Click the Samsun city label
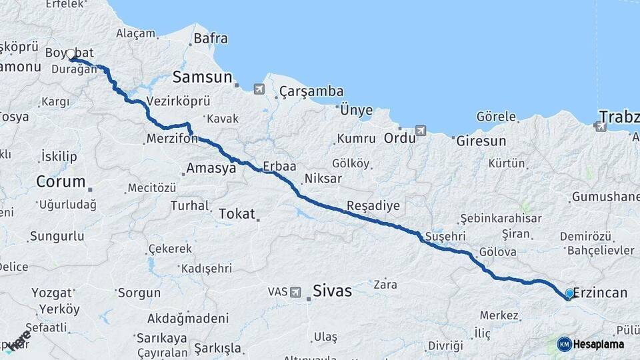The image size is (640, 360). (202, 77)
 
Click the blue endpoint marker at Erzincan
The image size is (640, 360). (569, 293)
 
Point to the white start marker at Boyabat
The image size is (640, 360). (71, 55)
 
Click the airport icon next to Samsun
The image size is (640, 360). (259, 89)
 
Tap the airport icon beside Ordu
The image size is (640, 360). (421, 131)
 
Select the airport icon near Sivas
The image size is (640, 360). (296, 292)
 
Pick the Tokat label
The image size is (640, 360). (237, 214)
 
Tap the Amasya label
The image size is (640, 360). (211, 169)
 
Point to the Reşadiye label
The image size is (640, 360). (373, 205)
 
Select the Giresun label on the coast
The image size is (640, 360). (481, 141)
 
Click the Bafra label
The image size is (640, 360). (210, 38)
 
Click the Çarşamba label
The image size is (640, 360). (311, 91)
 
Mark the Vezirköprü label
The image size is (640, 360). (178, 101)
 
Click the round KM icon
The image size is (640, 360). (565, 344)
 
